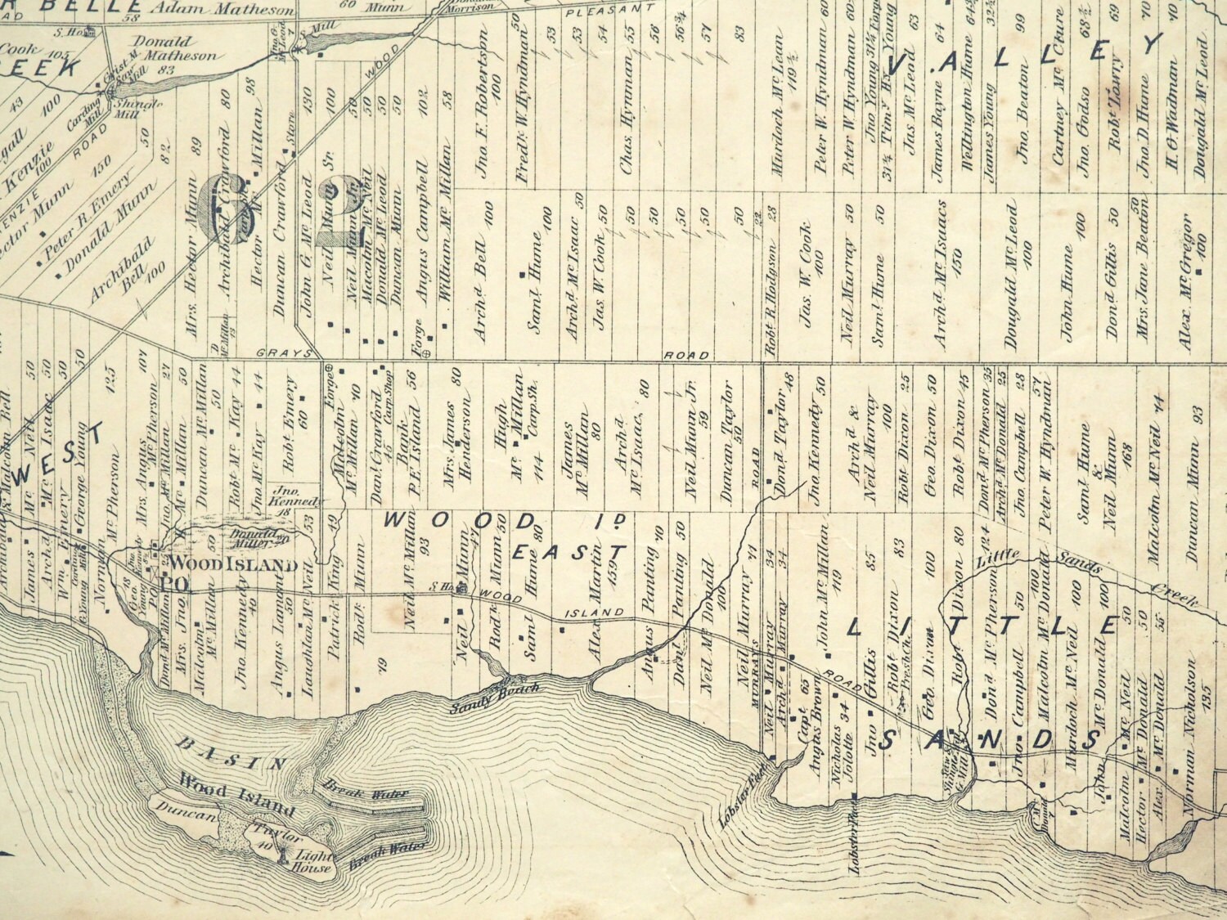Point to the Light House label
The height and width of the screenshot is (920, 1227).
pyautogui.click(x=308, y=858)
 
